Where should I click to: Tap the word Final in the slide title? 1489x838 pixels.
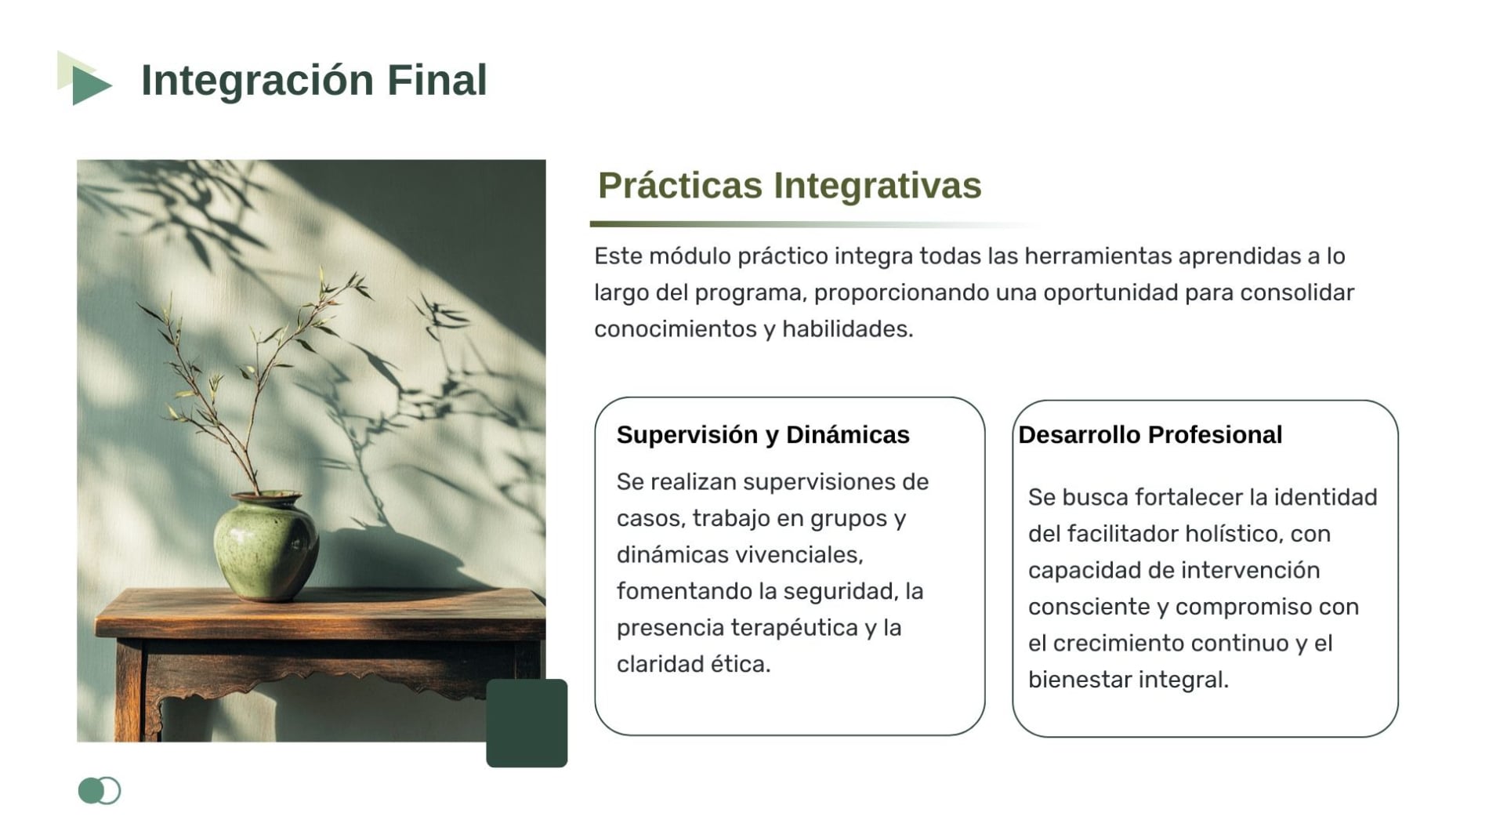[437, 79]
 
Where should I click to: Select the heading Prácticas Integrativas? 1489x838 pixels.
[789, 187]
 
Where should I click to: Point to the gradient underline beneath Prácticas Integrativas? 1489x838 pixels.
[815, 224]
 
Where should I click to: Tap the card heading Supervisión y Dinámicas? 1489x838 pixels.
[763, 434]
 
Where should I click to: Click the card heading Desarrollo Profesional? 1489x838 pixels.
[1150, 434]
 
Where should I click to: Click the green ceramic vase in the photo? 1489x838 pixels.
[266, 546]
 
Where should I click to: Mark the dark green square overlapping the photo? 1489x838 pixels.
[527, 723]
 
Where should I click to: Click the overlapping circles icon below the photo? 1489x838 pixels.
[100, 790]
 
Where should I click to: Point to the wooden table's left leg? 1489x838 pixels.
[130, 690]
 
